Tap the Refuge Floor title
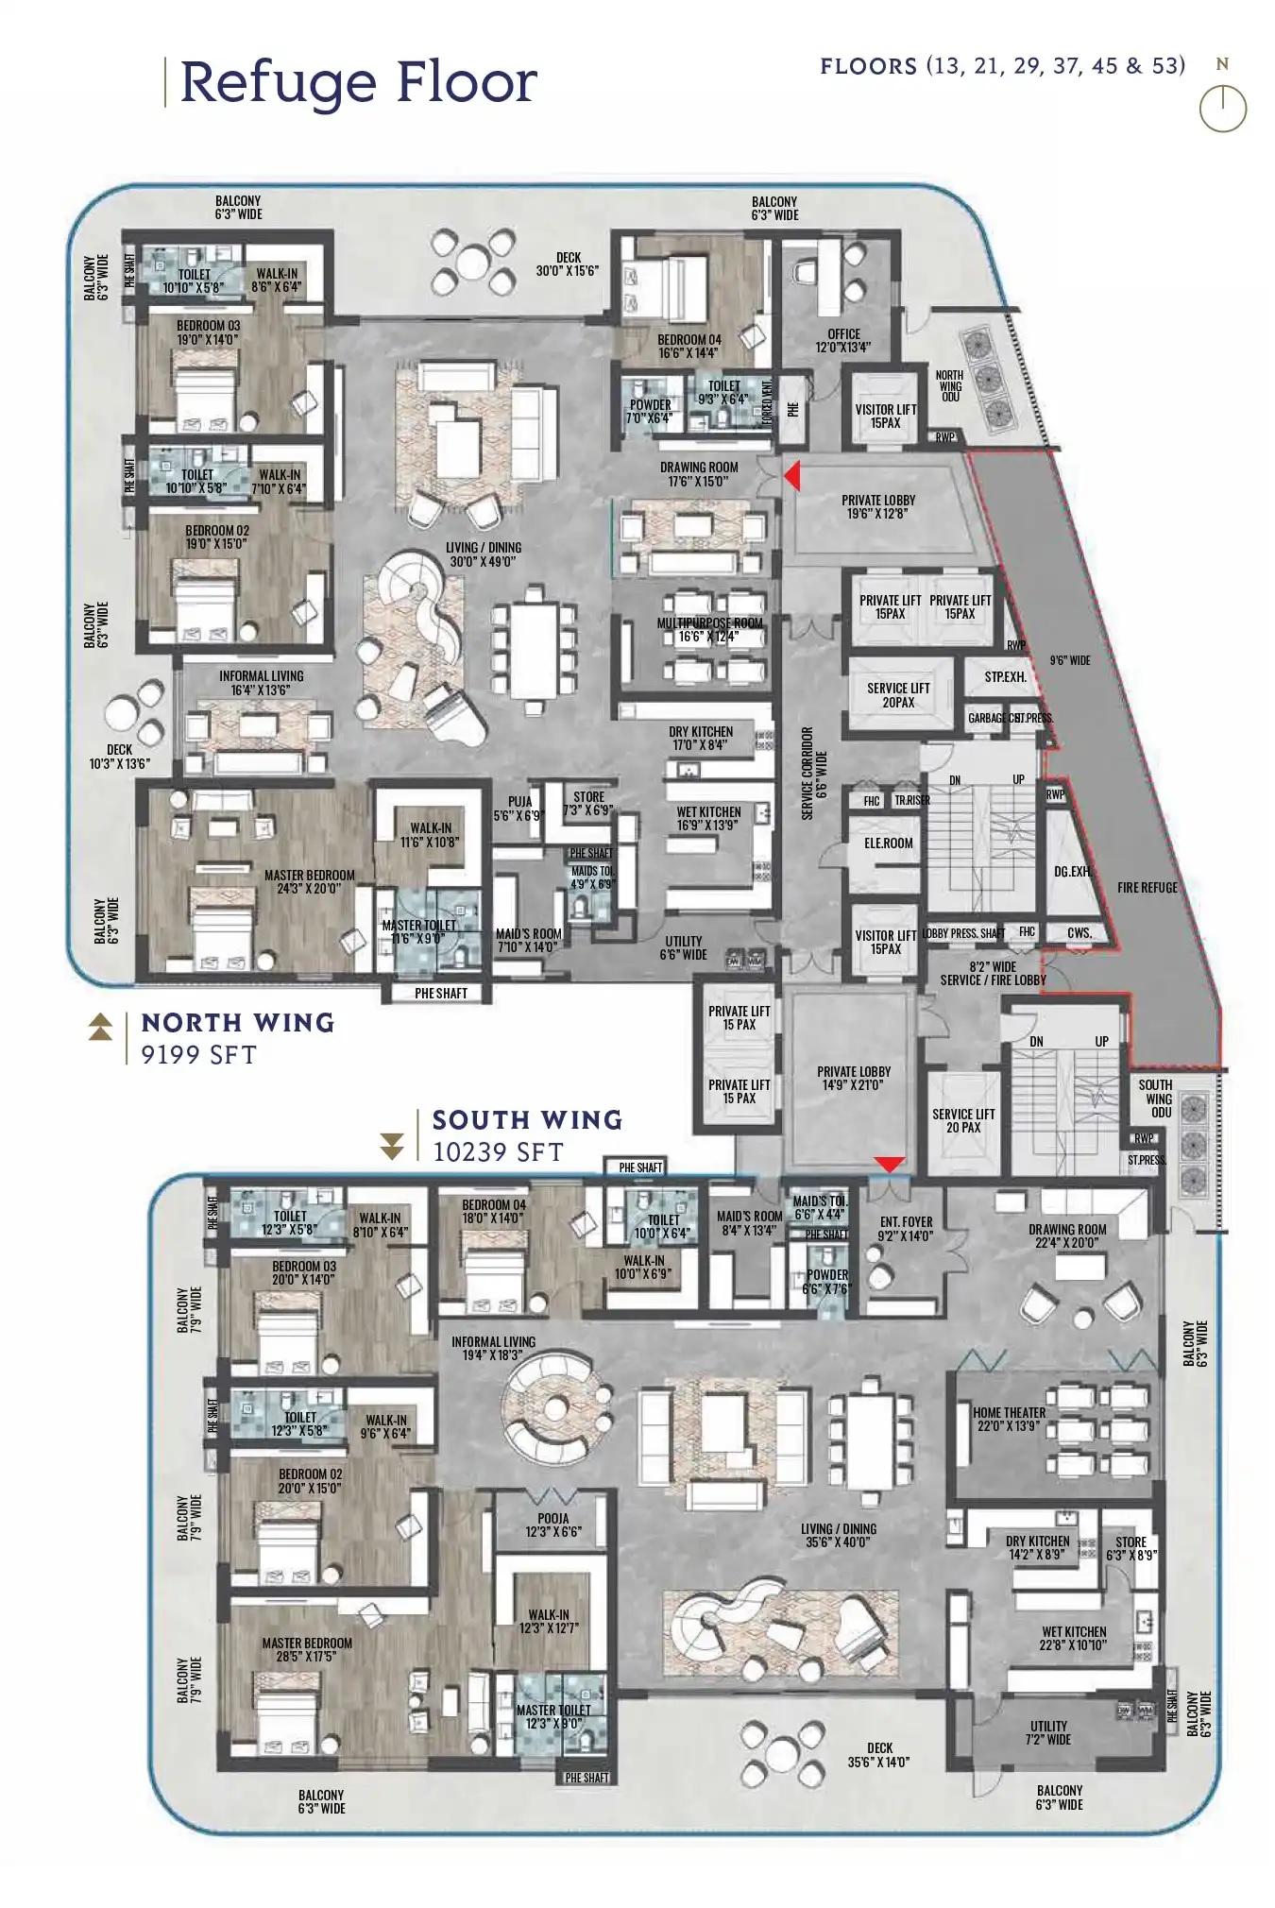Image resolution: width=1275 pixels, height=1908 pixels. (x=358, y=82)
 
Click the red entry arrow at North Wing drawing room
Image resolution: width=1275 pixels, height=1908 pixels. (x=793, y=476)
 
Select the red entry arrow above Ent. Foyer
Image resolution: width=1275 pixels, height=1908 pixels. (x=890, y=1164)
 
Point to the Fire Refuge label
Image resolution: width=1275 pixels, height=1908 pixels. (x=1147, y=888)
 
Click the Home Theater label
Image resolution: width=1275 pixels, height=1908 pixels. (x=1009, y=1419)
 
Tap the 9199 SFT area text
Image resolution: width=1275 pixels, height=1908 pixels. (x=198, y=1055)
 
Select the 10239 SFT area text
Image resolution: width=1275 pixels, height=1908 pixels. (x=498, y=1152)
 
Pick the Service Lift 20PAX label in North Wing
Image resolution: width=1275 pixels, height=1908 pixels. (x=898, y=695)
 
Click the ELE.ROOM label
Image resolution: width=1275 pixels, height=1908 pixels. (x=888, y=843)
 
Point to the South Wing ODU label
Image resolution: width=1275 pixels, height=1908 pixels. (x=1155, y=1099)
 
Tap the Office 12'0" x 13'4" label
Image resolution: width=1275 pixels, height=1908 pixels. (x=843, y=340)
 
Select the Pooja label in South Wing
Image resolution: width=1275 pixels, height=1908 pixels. (x=553, y=1525)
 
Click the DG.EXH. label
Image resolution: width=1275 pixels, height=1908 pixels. (x=1072, y=872)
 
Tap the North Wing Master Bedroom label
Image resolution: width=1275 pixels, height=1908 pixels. (x=309, y=881)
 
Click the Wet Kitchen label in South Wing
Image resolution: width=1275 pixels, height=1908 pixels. (x=1074, y=1638)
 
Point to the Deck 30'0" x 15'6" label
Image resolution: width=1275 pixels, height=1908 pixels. (x=568, y=264)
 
